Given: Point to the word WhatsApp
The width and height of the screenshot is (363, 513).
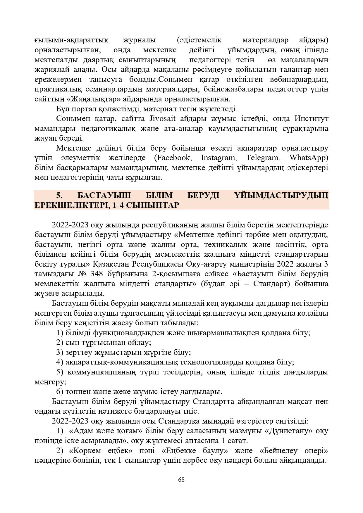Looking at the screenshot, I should click(x=309, y=158).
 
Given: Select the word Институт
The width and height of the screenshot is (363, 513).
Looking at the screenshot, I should click(x=311, y=119).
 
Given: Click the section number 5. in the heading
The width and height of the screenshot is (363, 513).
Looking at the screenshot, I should click(x=59, y=195).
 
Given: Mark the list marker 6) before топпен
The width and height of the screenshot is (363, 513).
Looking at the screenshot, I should click(x=60, y=392).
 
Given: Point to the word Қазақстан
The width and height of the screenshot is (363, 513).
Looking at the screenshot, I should click(x=111, y=264).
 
